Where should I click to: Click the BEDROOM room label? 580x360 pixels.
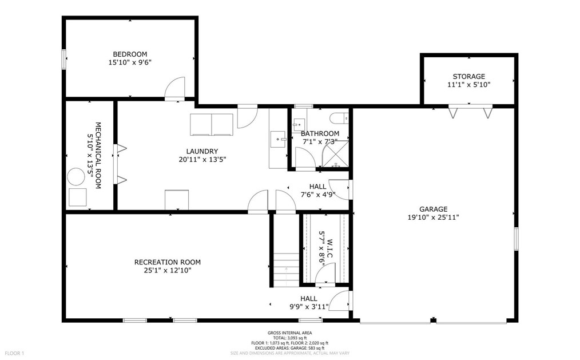coord(130,54)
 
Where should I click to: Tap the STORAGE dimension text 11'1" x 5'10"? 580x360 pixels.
coord(468,85)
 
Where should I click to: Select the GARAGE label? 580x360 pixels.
coord(433,209)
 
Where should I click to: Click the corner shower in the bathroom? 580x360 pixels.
coord(335,153)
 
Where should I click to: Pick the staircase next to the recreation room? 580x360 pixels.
coord(287,270)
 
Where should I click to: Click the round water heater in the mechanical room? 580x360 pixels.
coord(76,177)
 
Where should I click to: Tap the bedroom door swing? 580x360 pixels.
coord(174,89)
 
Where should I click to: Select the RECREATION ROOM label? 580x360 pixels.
coord(167,262)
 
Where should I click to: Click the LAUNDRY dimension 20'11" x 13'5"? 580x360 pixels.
coord(202,160)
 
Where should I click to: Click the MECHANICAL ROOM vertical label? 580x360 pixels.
coord(98,156)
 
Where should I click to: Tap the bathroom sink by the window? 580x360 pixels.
coord(299,125)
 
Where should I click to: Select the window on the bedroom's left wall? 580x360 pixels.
coord(64,59)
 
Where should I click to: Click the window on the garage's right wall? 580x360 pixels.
coord(516,239)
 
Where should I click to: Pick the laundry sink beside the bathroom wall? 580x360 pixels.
coord(277,139)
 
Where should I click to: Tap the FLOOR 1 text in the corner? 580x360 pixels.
coord(14,353)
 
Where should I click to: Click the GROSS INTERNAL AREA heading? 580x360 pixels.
coord(289,333)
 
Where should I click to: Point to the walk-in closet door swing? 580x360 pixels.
coord(325,274)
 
